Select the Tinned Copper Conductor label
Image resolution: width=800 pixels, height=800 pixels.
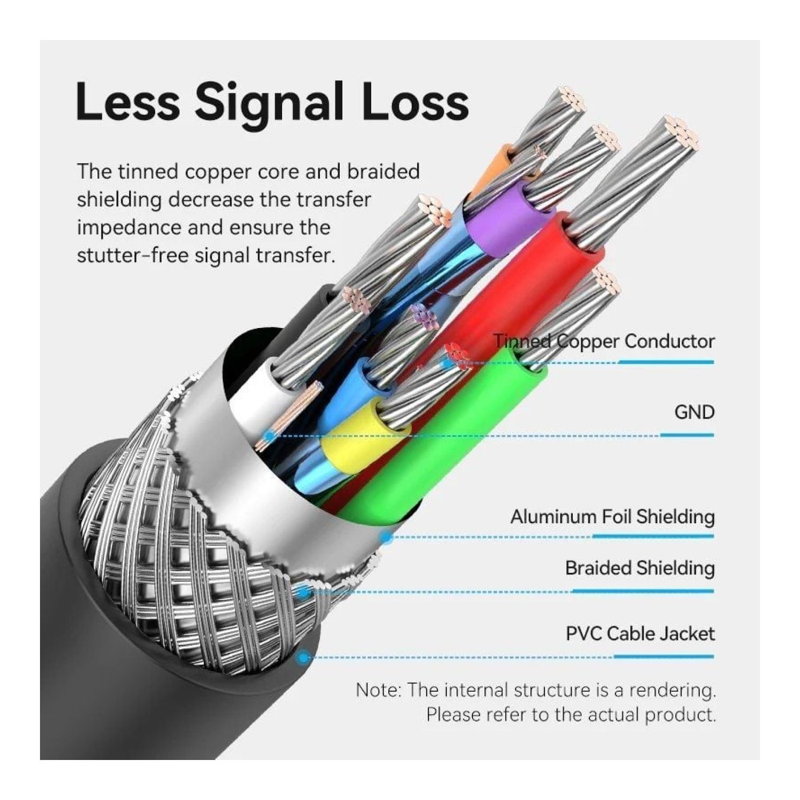[x=604, y=341]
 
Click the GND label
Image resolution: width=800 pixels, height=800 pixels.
[x=694, y=412]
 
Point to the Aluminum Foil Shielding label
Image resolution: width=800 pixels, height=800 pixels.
[x=612, y=517]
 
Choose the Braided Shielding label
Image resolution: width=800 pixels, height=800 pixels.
[x=639, y=569]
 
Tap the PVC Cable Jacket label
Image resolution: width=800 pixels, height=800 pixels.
[x=640, y=634]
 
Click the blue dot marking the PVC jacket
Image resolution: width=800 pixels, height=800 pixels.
[x=304, y=658]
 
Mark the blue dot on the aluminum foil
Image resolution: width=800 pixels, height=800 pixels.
[x=387, y=538]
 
